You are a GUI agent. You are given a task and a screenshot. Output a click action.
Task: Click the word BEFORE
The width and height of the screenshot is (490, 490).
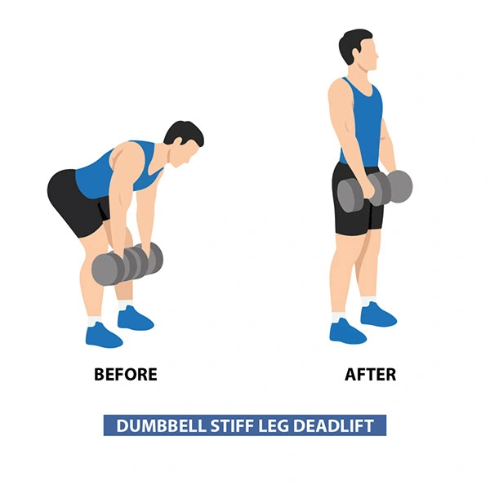coord(125,374)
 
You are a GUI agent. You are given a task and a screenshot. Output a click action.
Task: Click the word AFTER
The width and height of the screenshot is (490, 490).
coord(370,374)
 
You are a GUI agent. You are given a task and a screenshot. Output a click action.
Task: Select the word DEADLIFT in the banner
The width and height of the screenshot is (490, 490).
coord(333,425)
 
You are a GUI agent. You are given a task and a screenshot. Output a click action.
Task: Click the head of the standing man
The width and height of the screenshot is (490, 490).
coord(359,50)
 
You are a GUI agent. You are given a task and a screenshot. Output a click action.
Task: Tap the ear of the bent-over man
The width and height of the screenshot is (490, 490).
coord(179,142)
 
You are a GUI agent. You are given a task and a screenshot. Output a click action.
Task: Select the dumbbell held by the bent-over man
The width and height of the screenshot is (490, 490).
coord(127,264)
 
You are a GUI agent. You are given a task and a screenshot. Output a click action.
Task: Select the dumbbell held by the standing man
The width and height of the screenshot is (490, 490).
coord(375,190)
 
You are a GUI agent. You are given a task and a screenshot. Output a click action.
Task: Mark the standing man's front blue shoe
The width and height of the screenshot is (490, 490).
coord(348,332)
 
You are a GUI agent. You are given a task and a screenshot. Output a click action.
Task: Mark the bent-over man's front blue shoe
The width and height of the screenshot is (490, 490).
coord(104,336)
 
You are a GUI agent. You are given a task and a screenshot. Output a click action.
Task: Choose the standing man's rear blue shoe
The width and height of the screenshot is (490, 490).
coord(378,314)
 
